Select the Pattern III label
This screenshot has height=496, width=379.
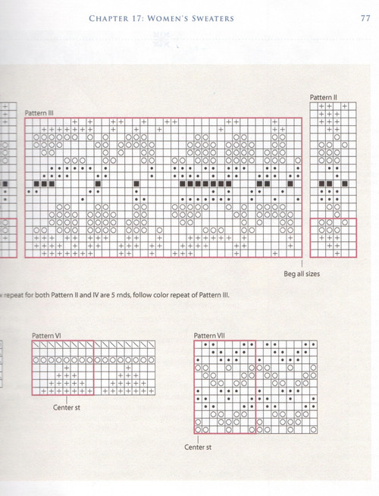click(x=39, y=112)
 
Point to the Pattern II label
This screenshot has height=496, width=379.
click(x=324, y=97)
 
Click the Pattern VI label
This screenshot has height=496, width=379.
click(x=46, y=334)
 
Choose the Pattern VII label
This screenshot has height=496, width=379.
click(x=210, y=334)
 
